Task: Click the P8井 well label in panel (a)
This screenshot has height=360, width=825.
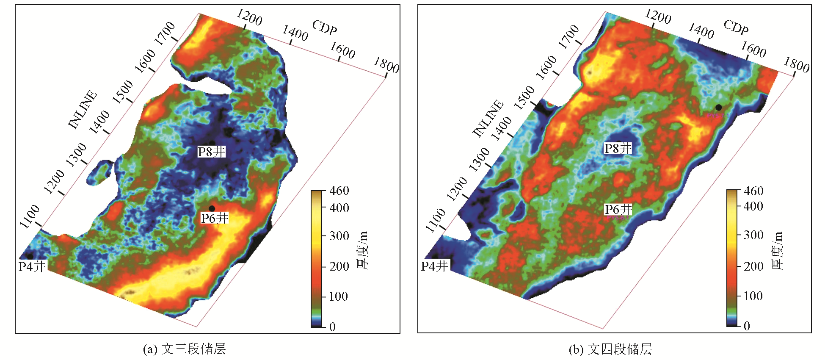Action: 212,152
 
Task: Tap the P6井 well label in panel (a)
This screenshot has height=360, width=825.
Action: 215,218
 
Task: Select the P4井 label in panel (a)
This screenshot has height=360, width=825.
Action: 32,266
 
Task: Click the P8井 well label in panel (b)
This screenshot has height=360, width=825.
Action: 618,148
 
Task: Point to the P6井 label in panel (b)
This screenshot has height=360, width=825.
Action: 618,209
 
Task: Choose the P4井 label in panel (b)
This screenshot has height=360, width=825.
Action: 434,266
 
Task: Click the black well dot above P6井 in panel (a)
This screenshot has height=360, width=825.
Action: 212,208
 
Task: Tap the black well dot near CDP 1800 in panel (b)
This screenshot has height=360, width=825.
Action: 719,108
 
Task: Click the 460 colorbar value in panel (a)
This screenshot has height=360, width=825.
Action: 339,191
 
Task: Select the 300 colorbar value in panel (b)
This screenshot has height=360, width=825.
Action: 753,235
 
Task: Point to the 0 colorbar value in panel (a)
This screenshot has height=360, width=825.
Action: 332,327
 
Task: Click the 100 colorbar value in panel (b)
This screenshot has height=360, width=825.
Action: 753,296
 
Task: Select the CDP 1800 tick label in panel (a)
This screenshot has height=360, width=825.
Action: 386,65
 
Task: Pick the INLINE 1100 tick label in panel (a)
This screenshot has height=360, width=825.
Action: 30,216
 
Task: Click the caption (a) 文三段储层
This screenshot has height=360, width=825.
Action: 185,349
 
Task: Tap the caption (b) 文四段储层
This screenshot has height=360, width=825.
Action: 610,349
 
